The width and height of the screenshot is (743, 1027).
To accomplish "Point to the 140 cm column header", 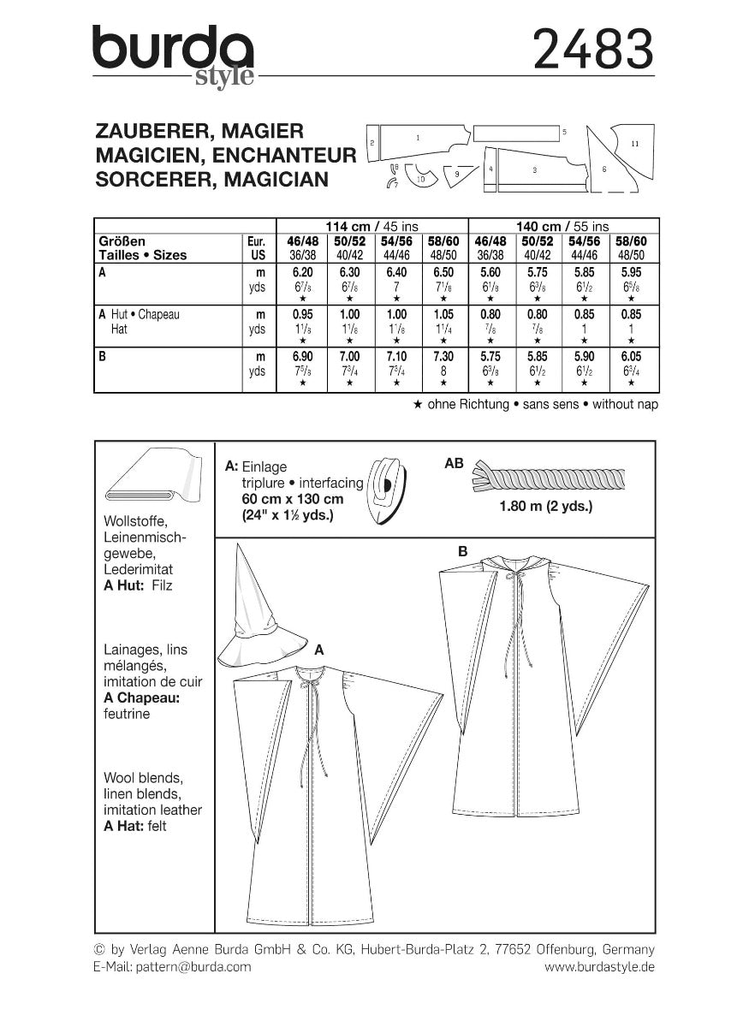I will click(x=563, y=226).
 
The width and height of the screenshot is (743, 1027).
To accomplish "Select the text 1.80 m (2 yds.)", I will click(x=546, y=507).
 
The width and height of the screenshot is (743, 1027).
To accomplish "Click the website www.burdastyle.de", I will click(x=599, y=966).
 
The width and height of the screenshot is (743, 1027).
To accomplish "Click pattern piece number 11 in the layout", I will click(x=634, y=143).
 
